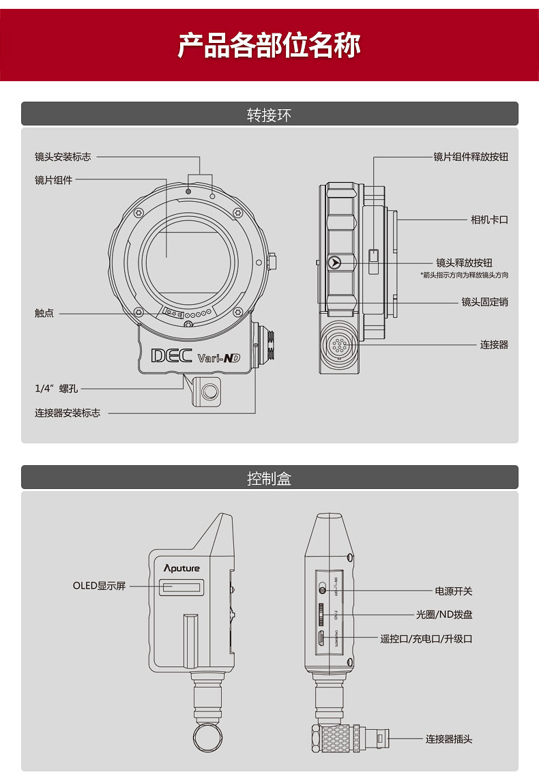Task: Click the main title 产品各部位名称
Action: click(269, 45)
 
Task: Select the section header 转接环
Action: click(269, 115)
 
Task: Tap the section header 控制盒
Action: click(269, 478)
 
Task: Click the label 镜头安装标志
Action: click(63, 156)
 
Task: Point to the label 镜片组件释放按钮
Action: click(471, 156)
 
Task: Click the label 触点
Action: click(44, 313)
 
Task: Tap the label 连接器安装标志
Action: click(68, 413)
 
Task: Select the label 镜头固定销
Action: click(484, 301)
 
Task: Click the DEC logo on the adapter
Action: click(171, 355)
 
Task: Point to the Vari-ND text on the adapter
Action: click(218, 357)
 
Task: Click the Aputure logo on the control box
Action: click(181, 567)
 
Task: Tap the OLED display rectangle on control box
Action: click(181, 587)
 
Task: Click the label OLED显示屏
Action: click(100, 586)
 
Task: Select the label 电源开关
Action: click(454, 591)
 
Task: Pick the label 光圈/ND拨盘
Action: click(444, 614)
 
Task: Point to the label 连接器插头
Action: click(449, 739)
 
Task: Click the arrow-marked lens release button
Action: click(334, 262)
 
